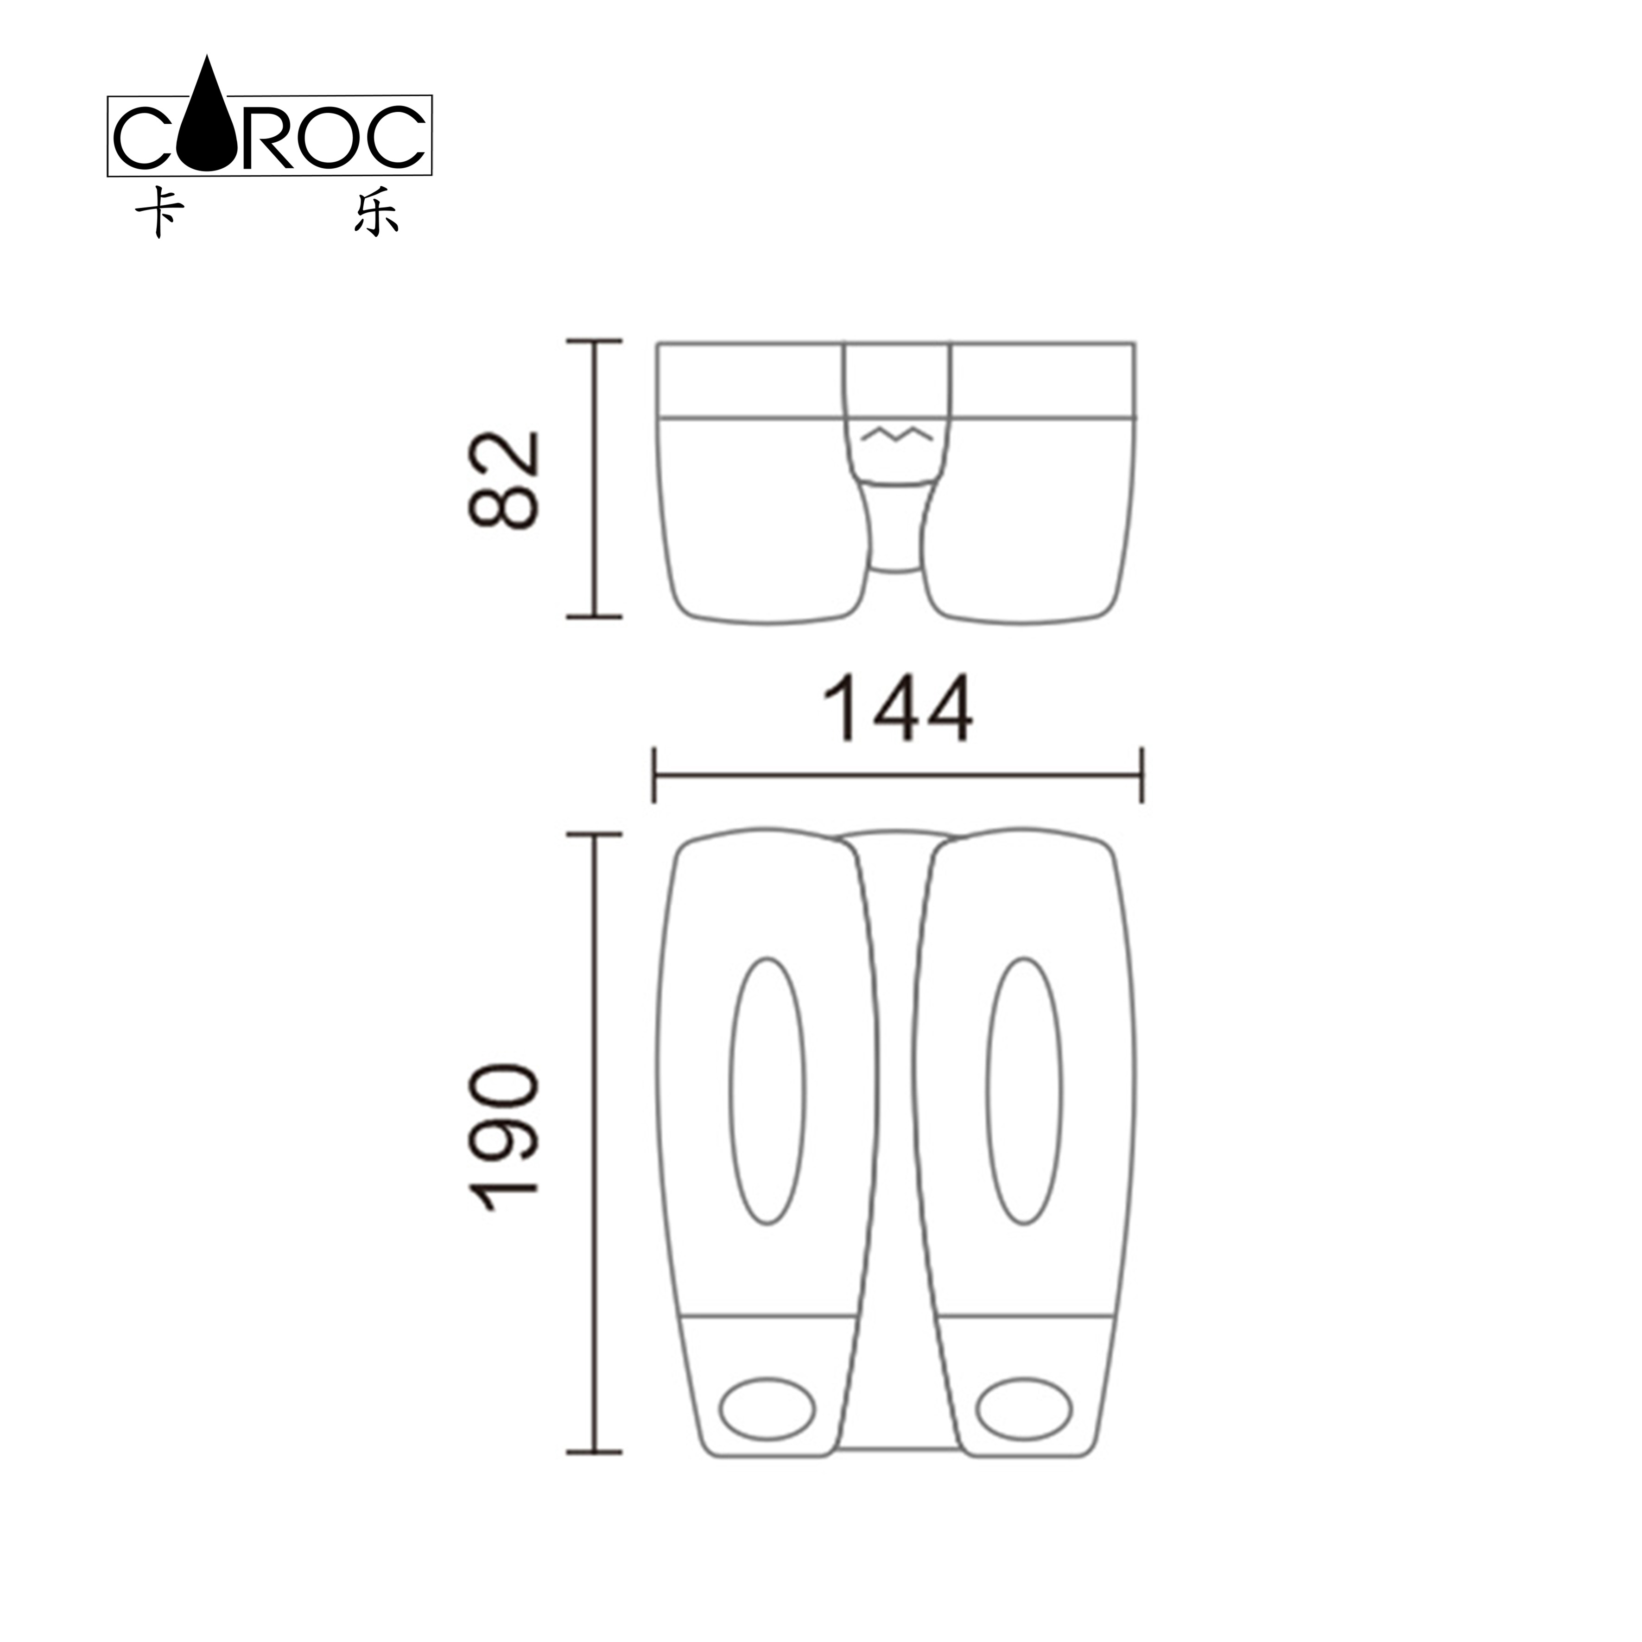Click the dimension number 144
pos(898,709)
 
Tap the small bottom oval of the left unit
pos(767,1408)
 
